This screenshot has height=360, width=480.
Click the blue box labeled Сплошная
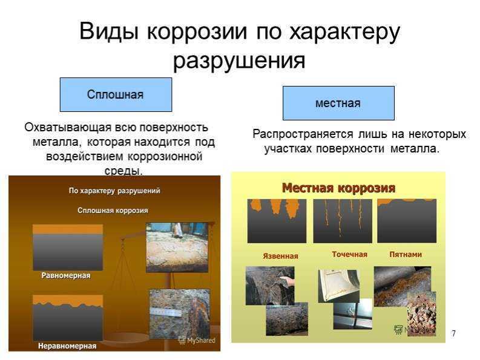click(116, 94)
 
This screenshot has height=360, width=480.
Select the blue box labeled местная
click(338, 103)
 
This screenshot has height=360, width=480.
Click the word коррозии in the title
click(197, 31)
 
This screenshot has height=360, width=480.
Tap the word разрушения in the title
click(239, 61)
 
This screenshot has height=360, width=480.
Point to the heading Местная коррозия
click(338, 188)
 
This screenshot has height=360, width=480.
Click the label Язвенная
click(280, 256)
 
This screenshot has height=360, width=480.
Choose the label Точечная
click(350, 254)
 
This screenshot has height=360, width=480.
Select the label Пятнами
click(406, 254)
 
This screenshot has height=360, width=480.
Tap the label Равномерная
click(66, 275)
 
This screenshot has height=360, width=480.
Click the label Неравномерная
click(67, 346)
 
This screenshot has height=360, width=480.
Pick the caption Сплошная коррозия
click(113, 211)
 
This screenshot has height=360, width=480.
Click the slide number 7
click(453, 333)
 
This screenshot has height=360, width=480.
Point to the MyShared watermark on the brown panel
click(197, 340)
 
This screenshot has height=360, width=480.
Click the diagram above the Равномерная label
click(68, 247)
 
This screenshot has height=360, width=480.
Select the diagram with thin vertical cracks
click(343, 221)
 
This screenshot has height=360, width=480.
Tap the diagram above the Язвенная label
click(277, 221)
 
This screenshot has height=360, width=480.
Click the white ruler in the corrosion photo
click(166, 313)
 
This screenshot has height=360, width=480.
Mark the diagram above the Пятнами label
click(407, 221)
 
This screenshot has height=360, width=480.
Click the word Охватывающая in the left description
click(68, 127)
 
